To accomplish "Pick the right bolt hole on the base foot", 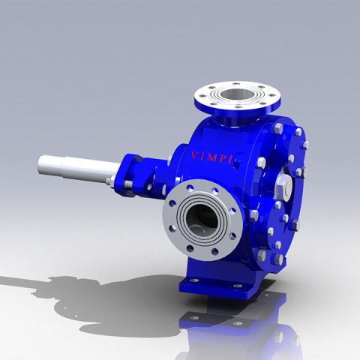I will click(238, 286).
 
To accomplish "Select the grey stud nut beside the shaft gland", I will click(111, 180).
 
